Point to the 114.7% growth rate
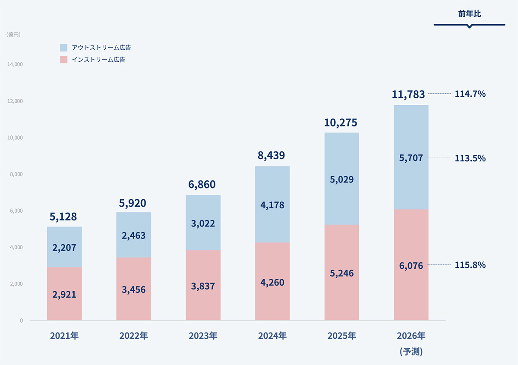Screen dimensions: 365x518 coord(470,94)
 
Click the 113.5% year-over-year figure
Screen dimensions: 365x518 coord(470,158)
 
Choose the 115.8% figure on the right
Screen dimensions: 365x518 coord(470,265)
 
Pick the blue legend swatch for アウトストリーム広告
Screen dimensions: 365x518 coord(64,47)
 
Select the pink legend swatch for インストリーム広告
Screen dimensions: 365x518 coord(64,60)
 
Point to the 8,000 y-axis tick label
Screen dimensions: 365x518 coord(16,174)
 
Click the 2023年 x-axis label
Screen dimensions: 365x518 coord(203,336)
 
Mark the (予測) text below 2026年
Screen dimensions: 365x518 coord(411,352)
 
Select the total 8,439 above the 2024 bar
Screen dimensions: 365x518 coord(272,155)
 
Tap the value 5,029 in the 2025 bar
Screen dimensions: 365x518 coord(341,179)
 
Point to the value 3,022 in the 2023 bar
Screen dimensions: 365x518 coord(203,224)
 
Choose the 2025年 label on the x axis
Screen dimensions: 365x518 coord(341,336)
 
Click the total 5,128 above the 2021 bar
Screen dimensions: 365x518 coord(64,217)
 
